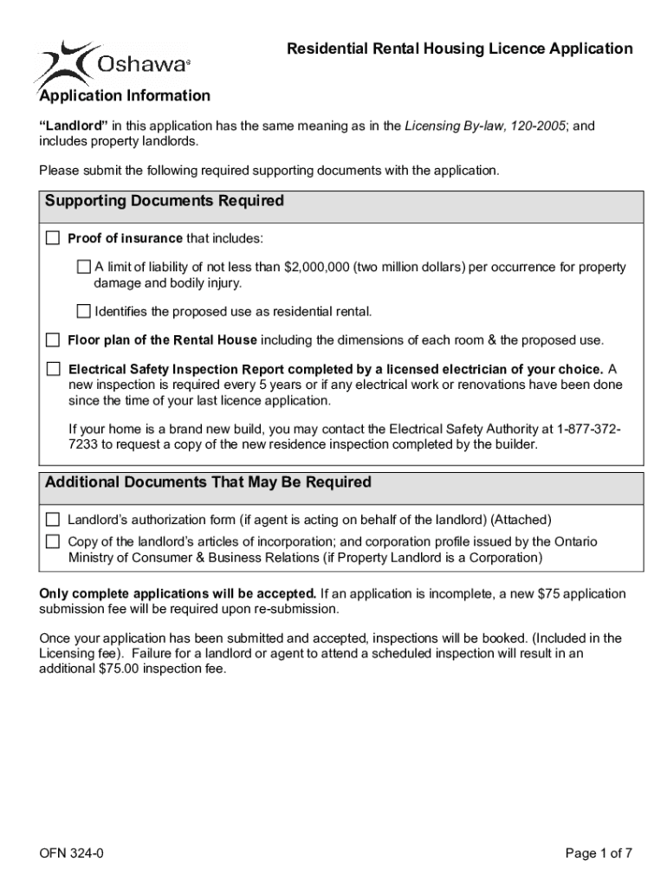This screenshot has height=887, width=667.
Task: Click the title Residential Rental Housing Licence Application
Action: [x=459, y=49]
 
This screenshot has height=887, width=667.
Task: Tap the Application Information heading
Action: [x=124, y=95]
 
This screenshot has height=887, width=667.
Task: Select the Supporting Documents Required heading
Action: [x=165, y=201]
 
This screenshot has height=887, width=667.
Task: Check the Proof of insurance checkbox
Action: [x=53, y=238]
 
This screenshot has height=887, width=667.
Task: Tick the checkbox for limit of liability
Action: [x=84, y=267]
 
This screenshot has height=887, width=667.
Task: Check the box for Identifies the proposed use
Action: [x=84, y=311]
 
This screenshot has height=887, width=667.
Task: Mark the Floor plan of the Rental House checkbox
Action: [x=53, y=340]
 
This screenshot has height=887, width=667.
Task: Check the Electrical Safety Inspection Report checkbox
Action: [x=53, y=368]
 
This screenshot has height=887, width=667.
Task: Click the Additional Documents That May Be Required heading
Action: [x=208, y=482]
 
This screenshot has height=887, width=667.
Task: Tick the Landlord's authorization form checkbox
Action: [x=53, y=520]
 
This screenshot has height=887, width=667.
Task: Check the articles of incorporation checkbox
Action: [x=53, y=541]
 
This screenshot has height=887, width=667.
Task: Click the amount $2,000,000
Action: [x=315, y=268]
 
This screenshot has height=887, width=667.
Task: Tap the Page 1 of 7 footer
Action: [x=599, y=854]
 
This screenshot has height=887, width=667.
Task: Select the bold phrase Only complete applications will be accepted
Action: [x=178, y=593]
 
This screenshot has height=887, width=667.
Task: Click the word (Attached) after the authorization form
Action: [x=521, y=520]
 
